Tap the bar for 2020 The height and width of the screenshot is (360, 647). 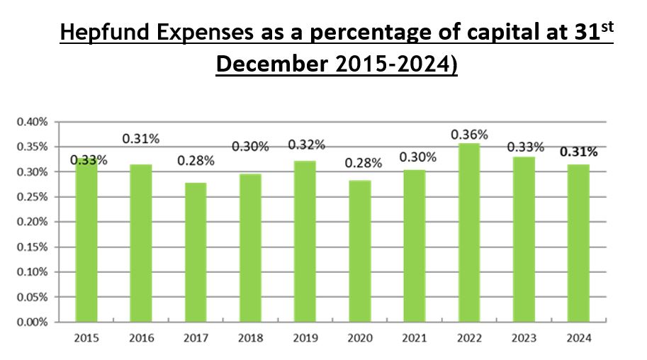360,251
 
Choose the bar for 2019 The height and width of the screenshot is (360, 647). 305,241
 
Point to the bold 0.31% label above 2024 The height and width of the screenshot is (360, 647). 578,152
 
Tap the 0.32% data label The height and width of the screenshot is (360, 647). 306,145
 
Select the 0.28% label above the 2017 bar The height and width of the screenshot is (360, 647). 196,161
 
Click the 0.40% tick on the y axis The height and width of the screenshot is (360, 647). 32,122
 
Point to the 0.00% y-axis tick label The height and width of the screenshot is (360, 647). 32,322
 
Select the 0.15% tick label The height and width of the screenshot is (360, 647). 32,247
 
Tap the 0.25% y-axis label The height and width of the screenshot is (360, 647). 32,197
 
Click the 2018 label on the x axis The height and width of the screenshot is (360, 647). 251,338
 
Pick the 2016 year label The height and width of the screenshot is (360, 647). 141,338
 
